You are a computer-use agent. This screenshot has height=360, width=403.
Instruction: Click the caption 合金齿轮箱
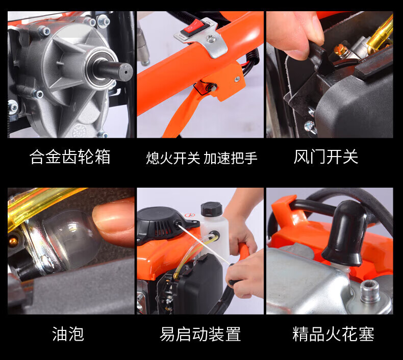point(70,157)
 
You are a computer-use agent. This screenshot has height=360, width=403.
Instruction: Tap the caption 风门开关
point(326,157)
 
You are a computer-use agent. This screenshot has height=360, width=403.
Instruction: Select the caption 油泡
point(68,334)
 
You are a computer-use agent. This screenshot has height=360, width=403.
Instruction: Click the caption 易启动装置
point(200,334)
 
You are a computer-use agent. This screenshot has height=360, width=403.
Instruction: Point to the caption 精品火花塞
point(333,334)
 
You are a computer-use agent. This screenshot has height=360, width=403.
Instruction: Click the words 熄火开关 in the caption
point(173,158)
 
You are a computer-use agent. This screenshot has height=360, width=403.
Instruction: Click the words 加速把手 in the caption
point(231,158)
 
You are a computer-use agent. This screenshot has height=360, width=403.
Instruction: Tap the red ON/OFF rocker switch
point(195,28)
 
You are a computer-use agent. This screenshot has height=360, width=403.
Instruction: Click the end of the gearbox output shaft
point(125,71)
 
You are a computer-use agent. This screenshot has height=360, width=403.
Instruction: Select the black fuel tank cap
point(211,209)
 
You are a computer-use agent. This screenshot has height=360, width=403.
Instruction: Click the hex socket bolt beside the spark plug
point(370,291)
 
